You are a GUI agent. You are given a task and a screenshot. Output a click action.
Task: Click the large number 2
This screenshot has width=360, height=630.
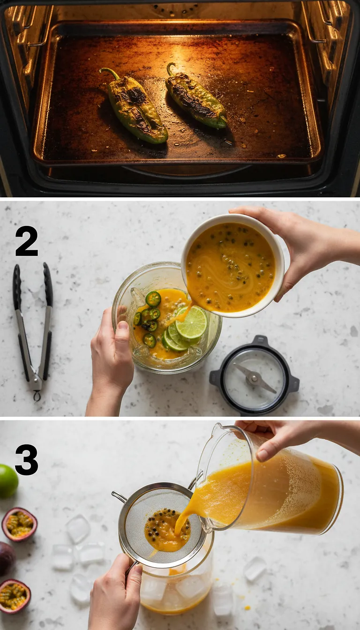click(26, 241)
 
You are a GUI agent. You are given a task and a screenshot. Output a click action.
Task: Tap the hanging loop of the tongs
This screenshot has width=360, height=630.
click(36, 396)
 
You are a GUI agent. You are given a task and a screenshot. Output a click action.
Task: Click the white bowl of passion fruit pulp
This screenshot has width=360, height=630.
click(232, 265)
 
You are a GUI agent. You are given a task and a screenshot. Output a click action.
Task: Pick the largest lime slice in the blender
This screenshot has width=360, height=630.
click(191, 322)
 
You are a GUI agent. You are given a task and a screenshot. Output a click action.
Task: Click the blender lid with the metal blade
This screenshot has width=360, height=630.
click(254, 375)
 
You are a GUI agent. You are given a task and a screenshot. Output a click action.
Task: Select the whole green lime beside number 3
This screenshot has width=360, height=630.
click(7, 481)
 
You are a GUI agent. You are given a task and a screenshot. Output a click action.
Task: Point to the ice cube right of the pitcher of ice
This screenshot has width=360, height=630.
click(255, 568)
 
